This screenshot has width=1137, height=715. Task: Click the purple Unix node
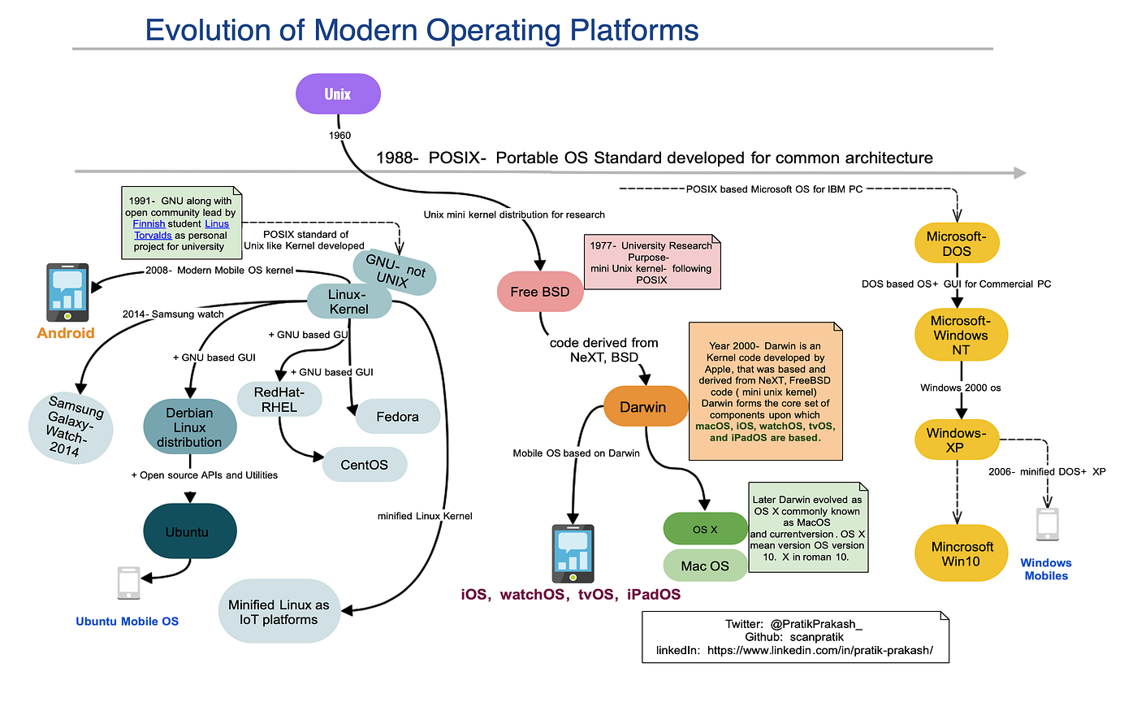(338, 93)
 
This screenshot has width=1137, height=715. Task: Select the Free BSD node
(540, 292)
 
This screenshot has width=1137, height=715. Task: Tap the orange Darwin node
(643, 407)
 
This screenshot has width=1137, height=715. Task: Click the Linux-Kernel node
(349, 301)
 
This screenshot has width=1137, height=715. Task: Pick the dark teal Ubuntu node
(189, 531)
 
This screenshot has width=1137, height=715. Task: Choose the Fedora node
(398, 417)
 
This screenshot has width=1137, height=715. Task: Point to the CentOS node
(365, 465)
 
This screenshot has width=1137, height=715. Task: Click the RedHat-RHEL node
(279, 400)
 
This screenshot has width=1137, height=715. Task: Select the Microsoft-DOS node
(957, 244)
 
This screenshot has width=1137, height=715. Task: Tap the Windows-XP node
(956, 440)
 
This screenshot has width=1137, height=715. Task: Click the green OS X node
(705, 529)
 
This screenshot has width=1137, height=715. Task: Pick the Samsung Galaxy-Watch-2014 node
(71, 427)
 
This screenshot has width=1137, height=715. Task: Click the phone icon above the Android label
(67, 292)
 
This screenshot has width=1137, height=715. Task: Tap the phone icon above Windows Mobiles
(1048, 525)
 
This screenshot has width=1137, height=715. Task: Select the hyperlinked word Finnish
(149, 224)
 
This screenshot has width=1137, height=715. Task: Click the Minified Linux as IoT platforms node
(279, 612)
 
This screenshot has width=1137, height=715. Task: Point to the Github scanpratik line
(794, 637)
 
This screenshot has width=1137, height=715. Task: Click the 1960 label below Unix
(339, 136)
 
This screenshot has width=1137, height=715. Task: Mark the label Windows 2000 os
(960, 388)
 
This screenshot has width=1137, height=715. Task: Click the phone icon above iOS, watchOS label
(573, 553)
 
